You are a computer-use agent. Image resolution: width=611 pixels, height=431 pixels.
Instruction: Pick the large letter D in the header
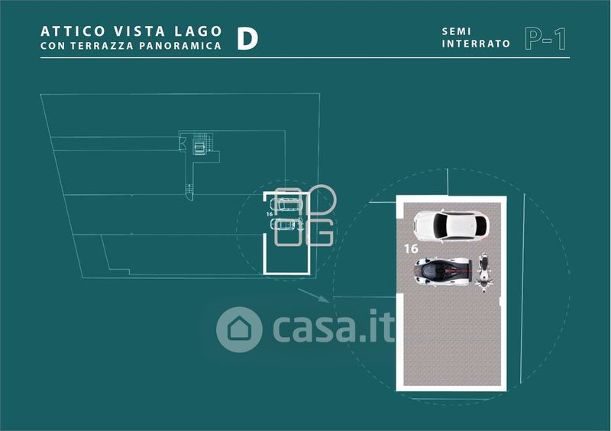tap(246, 38)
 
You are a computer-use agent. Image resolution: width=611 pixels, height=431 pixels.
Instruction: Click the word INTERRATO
tap(476, 44)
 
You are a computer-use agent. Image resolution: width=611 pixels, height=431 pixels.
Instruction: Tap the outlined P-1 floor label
tap(545, 38)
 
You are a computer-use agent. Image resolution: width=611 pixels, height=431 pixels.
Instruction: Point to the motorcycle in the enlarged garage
tap(483, 271)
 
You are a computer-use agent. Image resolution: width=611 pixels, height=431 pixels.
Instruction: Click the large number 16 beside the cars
tap(410, 248)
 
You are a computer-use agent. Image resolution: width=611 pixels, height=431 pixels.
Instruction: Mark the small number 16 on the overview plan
tap(270, 215)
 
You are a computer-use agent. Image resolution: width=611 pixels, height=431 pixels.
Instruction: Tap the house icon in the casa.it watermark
tap(239, 329)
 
